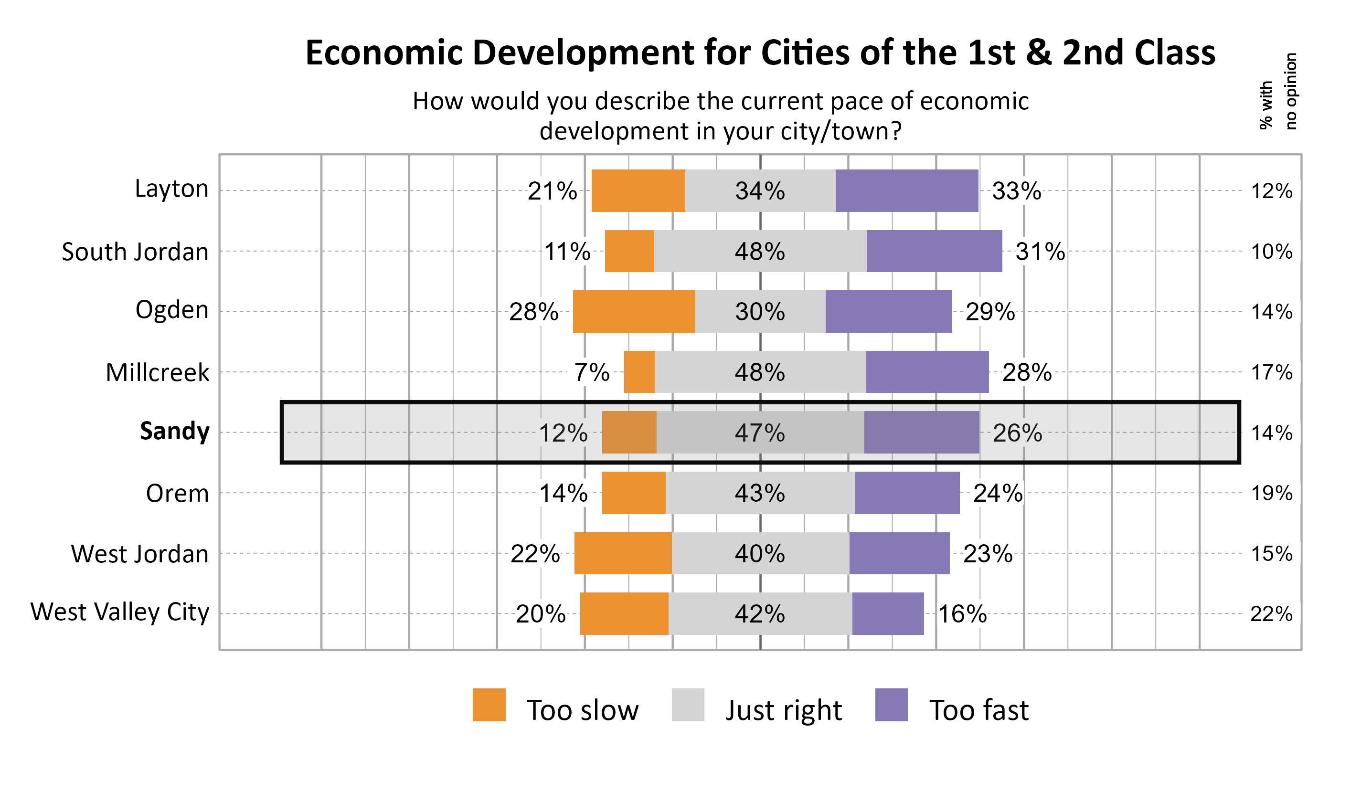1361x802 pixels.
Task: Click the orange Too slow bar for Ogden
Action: (x=634, y=311)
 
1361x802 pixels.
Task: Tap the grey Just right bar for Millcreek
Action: (x=759, y=372)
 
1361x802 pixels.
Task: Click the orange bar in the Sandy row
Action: (x=628, y=433)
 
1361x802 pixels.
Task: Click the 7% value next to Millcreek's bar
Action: (x=591, y=372)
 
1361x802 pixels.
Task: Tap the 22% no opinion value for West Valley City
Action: (x=1271, y=614)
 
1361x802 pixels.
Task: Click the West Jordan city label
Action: (x=139, y=554)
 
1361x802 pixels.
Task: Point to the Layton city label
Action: (x=171, y=189)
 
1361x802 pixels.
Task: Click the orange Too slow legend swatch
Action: (x=489, y=705)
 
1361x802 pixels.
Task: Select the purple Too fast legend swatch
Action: (x=891, y=705)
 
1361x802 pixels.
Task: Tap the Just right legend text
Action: (x=783, y=710)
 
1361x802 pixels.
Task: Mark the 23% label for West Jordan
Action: (x=987, y=553)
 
